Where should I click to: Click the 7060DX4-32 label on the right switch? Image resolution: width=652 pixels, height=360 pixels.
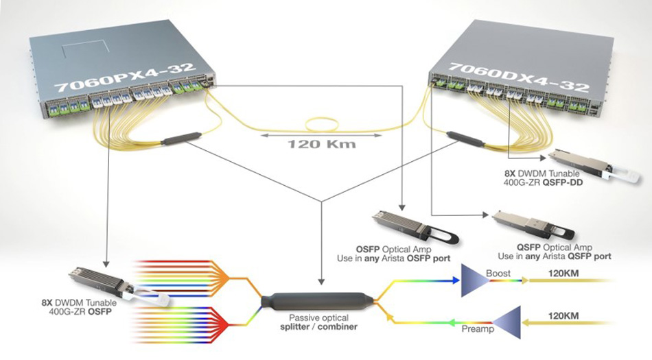coord(519,77)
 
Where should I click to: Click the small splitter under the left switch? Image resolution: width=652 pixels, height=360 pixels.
coord(181,139)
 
